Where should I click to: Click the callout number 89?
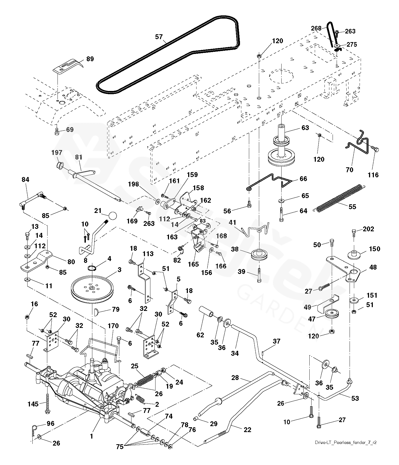click(x=90, y=59)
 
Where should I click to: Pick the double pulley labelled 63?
click(x=281, y=151)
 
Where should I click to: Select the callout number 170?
click(x=113, y=326)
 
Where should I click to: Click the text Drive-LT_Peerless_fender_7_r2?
click(x=346, y=443)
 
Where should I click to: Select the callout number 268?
click(x=316, y=28)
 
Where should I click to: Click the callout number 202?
click(x=368, y=229)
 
